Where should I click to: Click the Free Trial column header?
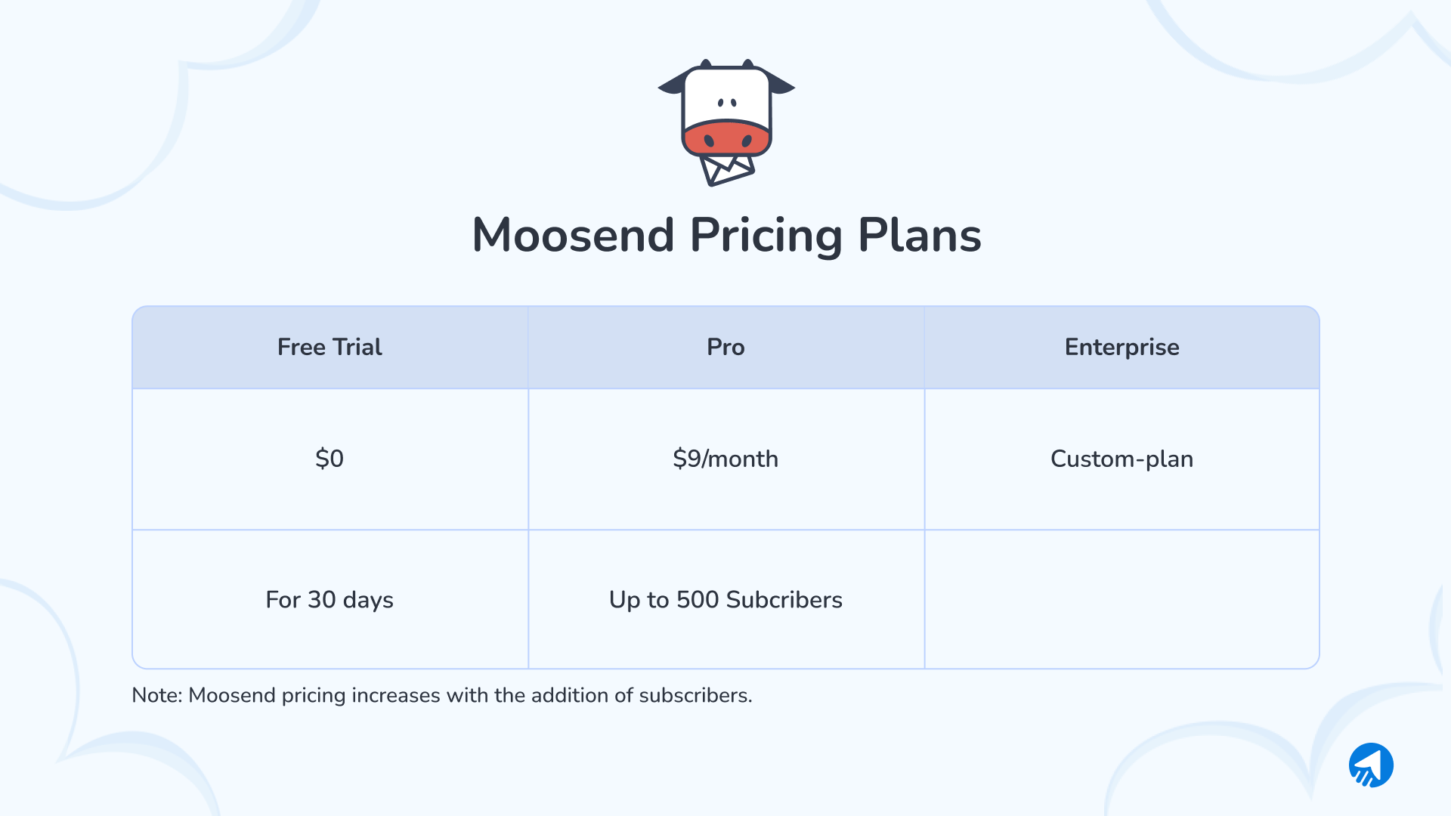point(329,347)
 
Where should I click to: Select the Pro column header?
point(725,347)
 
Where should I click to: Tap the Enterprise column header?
point(1122,347)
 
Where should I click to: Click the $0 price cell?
point(329,459)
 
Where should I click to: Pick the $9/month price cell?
point(725,459)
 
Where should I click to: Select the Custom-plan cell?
point(1122,459)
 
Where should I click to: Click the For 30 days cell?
point(329,600)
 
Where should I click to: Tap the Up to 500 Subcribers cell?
point(725,600)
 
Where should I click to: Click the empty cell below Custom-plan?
point(1122,600)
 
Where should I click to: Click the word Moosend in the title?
point(573,235)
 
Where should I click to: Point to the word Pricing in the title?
point(766,235)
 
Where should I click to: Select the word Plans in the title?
point(919,235)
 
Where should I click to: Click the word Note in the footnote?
point(156,695)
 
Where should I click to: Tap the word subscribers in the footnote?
point(694,695)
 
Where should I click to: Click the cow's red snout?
point(727,138)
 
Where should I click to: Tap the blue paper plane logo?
point(1371,765)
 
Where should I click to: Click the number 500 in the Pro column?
point(698,600)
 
